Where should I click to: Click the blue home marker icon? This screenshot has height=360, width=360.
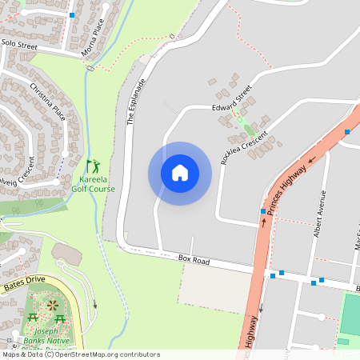(179, 173)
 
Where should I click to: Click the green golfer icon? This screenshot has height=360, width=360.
(94, 166)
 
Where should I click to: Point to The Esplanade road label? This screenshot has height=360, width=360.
(136, 101)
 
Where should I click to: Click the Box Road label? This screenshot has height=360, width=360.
(193, 261)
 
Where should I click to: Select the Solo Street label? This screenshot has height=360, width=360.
(19, 45)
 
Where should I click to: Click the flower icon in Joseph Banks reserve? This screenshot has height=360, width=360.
(53, 305)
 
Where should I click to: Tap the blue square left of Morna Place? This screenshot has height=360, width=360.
(72, 15)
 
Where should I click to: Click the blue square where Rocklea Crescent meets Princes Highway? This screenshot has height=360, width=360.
(262, 211)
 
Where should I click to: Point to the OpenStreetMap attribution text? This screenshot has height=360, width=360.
(80, 354)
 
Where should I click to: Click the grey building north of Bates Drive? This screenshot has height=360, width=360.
(66, 253)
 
